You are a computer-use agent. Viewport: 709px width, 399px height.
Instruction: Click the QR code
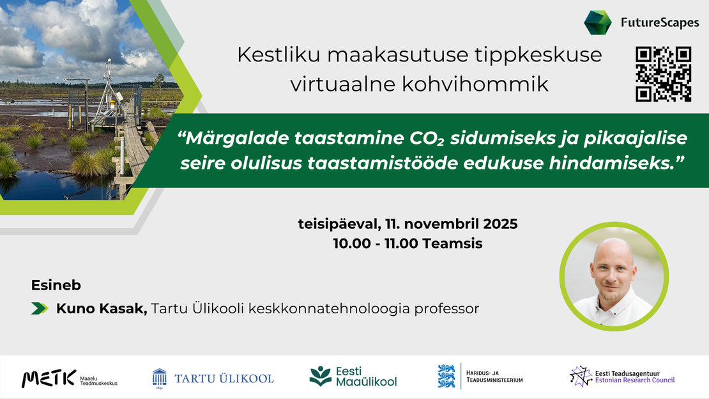664,74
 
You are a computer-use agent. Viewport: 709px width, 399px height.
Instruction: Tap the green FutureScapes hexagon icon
598,23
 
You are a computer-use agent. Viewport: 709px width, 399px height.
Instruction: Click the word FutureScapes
660,24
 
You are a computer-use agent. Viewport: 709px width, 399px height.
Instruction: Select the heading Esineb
56,285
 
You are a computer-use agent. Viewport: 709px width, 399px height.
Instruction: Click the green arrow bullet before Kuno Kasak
40,309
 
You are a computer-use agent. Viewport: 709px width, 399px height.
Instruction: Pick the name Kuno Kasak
102,309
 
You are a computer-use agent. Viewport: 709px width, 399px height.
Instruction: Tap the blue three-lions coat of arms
446,376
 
